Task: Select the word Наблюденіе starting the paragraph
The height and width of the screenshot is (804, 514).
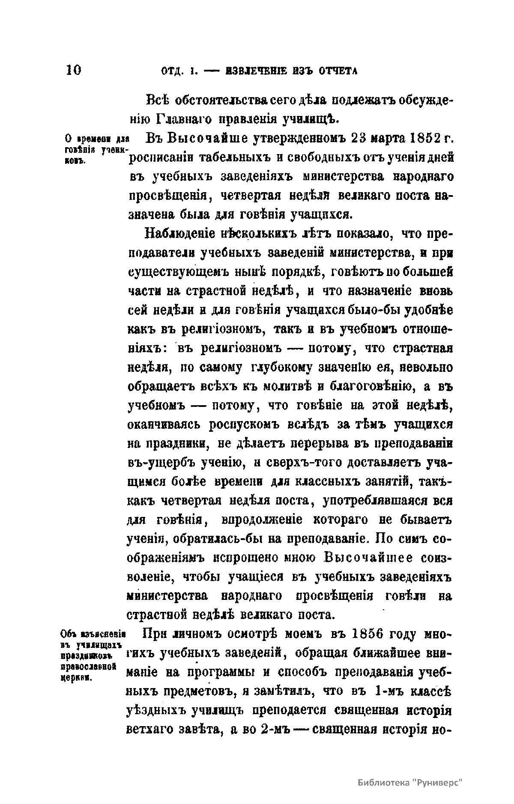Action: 177,234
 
